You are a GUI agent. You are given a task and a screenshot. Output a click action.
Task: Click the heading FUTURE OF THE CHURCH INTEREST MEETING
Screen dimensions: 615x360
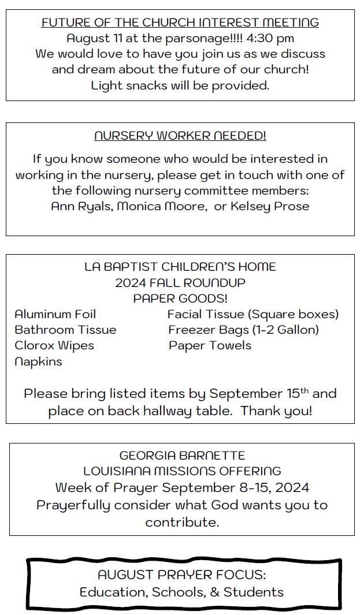[180, 23]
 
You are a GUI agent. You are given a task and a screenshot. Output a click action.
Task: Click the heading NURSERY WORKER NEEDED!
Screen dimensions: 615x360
[180, 136]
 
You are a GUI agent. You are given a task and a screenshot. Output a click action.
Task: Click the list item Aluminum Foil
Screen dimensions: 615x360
[55, 314]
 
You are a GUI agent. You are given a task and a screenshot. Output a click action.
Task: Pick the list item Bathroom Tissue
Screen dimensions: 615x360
[65, 330]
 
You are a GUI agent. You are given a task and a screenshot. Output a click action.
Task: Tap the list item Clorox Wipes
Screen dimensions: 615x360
[54, 345]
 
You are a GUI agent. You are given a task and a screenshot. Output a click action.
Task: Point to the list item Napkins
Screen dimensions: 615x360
[38, 361]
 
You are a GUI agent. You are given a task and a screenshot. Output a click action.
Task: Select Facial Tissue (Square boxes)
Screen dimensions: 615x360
[253, 314]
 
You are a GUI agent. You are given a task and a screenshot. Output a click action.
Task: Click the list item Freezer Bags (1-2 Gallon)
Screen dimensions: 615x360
[243, 330]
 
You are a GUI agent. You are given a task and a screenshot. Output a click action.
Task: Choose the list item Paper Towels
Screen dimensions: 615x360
[210, 345]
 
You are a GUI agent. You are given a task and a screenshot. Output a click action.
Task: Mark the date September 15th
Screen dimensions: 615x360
[259, 394]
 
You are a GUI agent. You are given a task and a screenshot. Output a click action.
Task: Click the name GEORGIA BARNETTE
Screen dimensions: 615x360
[182, 456]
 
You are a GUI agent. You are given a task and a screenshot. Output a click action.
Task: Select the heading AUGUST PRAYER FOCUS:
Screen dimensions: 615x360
[181, 575]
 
